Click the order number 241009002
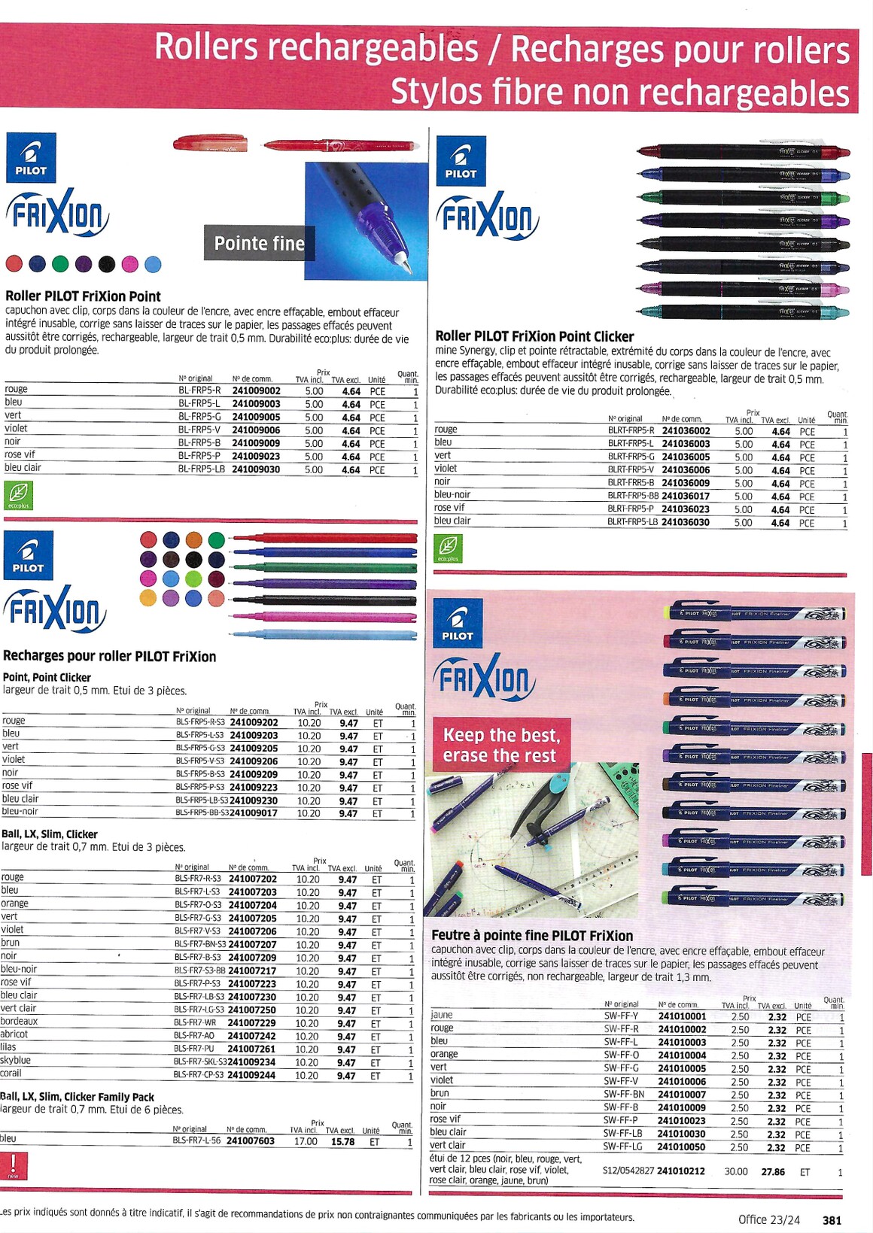[256, 391]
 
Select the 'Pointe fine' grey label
[259, 243]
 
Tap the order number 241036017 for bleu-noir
[686, 497]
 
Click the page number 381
[832, 1219]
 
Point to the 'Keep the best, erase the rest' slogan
[500, 745]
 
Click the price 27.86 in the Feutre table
[773, 1172]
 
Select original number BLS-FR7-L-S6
[196, 1140]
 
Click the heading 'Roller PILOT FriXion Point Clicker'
[534, 336]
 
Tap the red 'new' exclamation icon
[14, 1165]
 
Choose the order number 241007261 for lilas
[252, 1049]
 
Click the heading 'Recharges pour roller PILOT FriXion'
[110, 656]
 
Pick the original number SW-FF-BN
[624, 1095]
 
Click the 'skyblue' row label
[16, 1060]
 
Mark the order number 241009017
[253, 812]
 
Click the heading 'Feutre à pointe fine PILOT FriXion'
[532, 935]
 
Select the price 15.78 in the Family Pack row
[342, 1141]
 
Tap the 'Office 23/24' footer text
[768, 1219]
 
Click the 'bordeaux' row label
[20, 1021]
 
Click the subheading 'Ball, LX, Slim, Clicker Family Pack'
[78, 1097]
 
